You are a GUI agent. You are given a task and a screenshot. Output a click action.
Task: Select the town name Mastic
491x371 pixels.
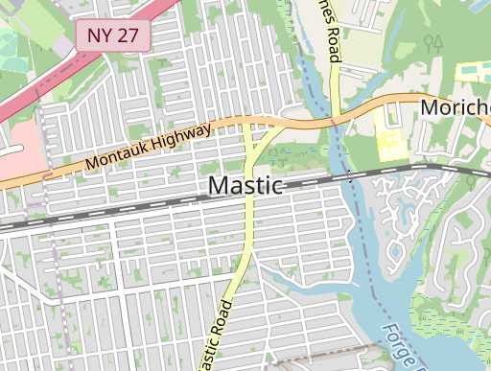coord(245,185)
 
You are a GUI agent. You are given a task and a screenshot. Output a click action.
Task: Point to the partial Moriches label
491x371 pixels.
coord(456,106)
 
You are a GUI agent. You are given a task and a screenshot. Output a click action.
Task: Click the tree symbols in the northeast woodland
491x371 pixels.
coord(433,43)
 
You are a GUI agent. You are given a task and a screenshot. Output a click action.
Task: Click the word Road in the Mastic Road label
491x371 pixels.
coord(223,317)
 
